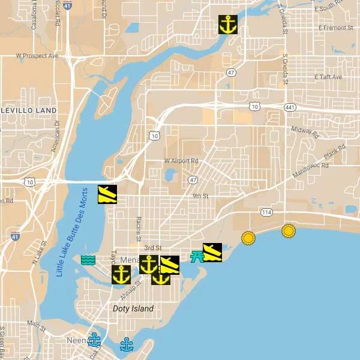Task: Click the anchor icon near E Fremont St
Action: coord(227,25)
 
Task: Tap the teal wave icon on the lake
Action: coord(88,260)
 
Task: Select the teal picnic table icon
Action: coord(196,257)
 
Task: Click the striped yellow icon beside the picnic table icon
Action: coord(212,252)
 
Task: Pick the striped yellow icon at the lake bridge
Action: coord(107,194)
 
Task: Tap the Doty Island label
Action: coord(133,308)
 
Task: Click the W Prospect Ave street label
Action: coord(37,56)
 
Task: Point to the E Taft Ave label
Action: coord(328,77)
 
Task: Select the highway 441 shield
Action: coord(290,107)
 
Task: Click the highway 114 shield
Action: coord(266,212)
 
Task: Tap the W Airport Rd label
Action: coord(181,161)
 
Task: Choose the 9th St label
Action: coord(200,196)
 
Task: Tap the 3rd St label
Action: coord(153,248)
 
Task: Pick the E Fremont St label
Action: coord(336,28)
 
